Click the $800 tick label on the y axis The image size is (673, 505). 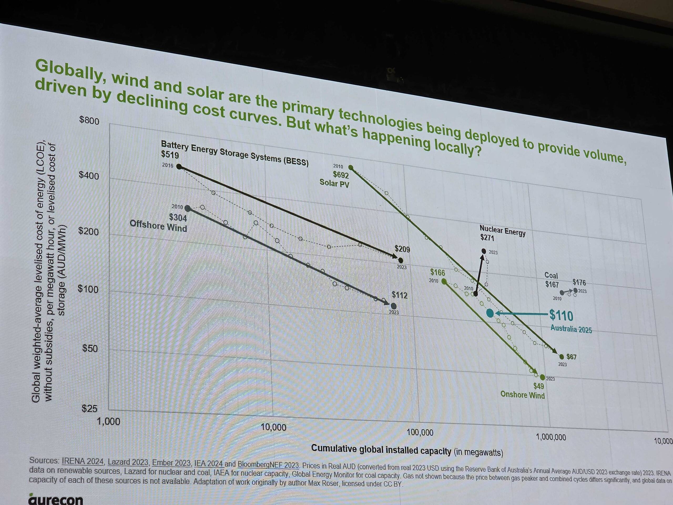[x=89, y=120]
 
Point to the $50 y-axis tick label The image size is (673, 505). [x=90, y=348]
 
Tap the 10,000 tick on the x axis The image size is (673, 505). [x=273, y=427]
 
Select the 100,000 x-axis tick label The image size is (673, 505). [x=420, y=432]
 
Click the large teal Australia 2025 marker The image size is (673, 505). [x=490, y=313]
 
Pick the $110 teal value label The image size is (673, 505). [x=561, y=316]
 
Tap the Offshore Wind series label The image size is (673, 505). [x=158, y=226]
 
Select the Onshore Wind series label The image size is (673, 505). [x=522, y=395]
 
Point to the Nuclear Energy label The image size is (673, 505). [x=502, y=230]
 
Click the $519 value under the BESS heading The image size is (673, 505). [x=170, y=155]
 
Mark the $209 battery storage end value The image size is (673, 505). [x=402, y=249]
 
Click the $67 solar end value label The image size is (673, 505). [x=571, y=356]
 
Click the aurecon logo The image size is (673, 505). [x=55, y=499]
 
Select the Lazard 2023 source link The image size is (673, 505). [x=128, y=462]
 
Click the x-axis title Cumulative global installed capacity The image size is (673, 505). [x=381, y=449]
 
